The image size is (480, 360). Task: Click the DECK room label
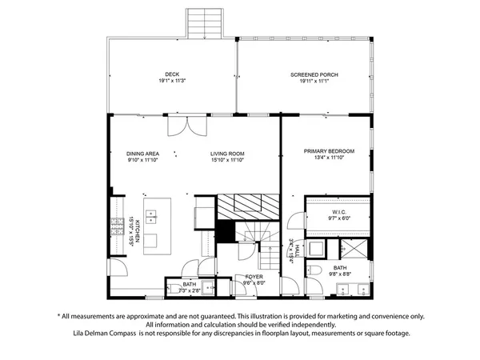click(168, 74)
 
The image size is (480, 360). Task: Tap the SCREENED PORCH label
click(314, 74)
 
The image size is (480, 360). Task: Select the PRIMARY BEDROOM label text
click(328, 150)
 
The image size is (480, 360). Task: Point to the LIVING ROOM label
click(227, 154)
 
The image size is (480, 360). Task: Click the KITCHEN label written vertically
click(138, 231)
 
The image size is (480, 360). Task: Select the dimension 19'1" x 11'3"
click(168, 81)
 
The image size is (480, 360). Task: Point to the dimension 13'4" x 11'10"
click(328, 158)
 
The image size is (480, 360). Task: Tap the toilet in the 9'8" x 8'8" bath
click(315, 271)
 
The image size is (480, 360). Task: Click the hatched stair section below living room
click(250, 206)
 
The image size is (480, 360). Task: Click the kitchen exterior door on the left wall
click(117, 270)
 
